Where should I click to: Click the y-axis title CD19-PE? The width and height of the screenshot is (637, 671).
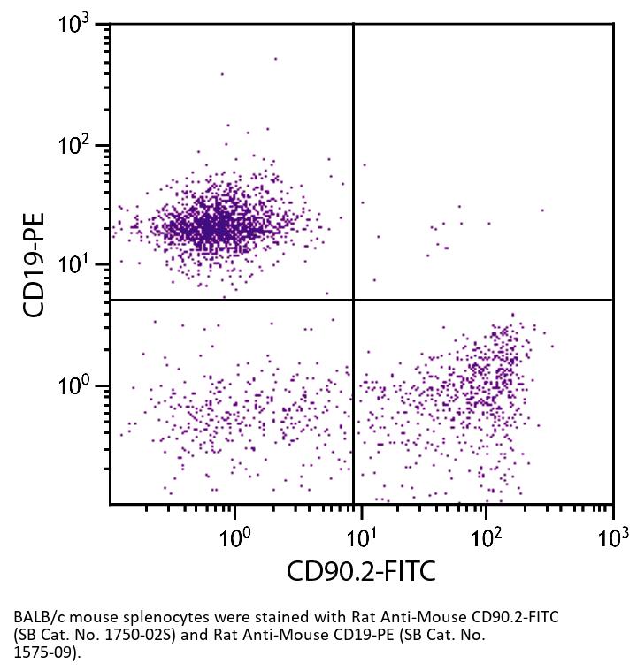pyautogui.click(x=35, y=263)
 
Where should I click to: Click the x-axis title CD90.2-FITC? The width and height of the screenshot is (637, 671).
pyautogui.click(x=361, y=572)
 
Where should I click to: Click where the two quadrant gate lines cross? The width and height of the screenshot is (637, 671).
pyautogui.click(x=354, y=300)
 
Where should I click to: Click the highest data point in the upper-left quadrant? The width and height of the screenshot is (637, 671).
pyautogui.click(x=275, y=59)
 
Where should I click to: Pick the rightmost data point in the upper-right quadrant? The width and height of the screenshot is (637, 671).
pyautogui.click(x=541, y=210)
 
